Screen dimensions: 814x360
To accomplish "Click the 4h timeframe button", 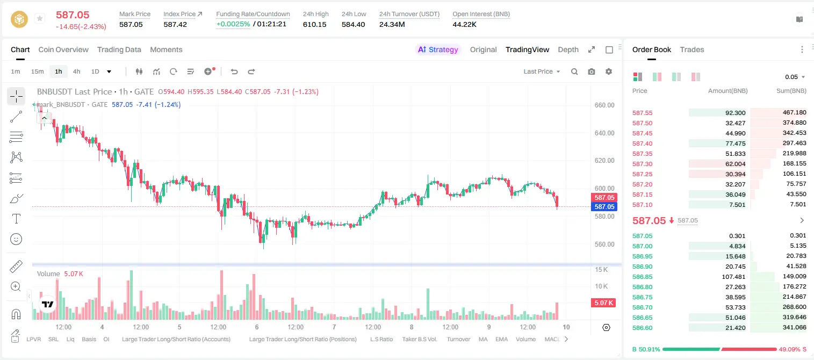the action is (76, 71).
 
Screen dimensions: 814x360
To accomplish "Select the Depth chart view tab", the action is (568, 50).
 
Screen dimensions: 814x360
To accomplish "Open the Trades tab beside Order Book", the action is (692, 50).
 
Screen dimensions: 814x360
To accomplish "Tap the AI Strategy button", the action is (438, 50).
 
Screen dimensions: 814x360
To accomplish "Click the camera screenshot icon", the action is (592, 71).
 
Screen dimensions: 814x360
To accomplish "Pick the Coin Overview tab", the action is (63, 50).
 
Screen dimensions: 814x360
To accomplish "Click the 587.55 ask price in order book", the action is (642, 113).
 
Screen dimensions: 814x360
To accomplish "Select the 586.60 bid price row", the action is (642, 328).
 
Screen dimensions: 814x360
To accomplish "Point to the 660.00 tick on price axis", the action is (604, 105).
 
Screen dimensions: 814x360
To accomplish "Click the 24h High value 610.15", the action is (315, 24).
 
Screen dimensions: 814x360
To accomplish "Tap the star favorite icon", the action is (40, 18).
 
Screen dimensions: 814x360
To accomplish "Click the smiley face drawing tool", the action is (16, 239).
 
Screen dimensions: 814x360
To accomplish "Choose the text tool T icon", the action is (16, 219).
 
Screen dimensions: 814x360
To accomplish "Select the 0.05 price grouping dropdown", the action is (795, 77).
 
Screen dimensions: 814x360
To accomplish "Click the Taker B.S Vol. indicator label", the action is (419, 339).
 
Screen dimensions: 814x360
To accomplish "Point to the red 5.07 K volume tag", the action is (603, 303).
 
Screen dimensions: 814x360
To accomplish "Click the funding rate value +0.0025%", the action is (233, 24).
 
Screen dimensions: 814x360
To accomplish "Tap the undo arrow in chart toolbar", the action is (234, 71).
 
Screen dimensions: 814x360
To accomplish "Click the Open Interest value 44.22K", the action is (464, 24).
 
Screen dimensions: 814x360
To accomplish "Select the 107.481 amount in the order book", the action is (733, 277).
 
